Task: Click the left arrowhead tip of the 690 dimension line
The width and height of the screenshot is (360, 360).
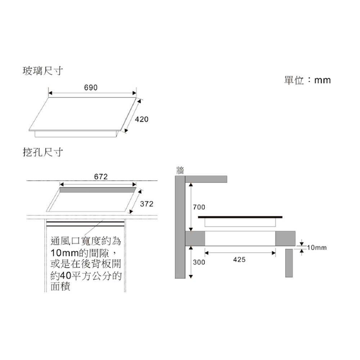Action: click(x=49, y=93)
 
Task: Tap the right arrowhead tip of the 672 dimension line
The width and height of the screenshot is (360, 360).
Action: click(x=136, y=184)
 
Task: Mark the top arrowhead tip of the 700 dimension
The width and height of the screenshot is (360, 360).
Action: click(x=190, y=183)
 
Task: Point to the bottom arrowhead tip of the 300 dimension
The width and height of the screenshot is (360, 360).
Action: click(x=190, y=278)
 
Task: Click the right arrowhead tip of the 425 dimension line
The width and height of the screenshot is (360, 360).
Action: click(x=275, y=253)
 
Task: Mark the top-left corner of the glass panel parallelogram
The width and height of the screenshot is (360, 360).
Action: click(x=49, y=98)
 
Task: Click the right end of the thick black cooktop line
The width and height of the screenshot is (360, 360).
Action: click(x=282, y=217)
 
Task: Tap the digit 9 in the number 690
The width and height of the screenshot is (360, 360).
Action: click(x=91, y=87)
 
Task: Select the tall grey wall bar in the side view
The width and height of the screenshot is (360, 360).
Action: click(x=180, y=227)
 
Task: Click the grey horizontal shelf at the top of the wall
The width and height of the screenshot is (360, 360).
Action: click(x=206, y=179)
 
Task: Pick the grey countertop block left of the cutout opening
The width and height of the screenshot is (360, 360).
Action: click(x=195, y=239)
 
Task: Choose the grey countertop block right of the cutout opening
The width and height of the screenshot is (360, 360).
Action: click(x=285, y=239)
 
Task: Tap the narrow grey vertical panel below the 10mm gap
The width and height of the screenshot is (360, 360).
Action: click(x=289, y=263)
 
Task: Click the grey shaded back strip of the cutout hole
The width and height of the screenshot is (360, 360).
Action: click(x=98, y=190)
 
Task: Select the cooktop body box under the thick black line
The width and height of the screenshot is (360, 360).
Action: click(x=240, y=222)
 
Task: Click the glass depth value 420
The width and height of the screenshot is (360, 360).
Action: click(x=141, y=120)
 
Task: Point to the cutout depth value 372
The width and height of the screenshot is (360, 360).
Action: click(x=147, y=204)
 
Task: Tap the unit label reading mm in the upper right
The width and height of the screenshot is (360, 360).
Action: click(x=322, y=80)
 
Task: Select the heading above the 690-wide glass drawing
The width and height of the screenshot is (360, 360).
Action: click(x=43, y=71)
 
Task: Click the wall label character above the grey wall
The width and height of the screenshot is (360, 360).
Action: click(x=180, y=170)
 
